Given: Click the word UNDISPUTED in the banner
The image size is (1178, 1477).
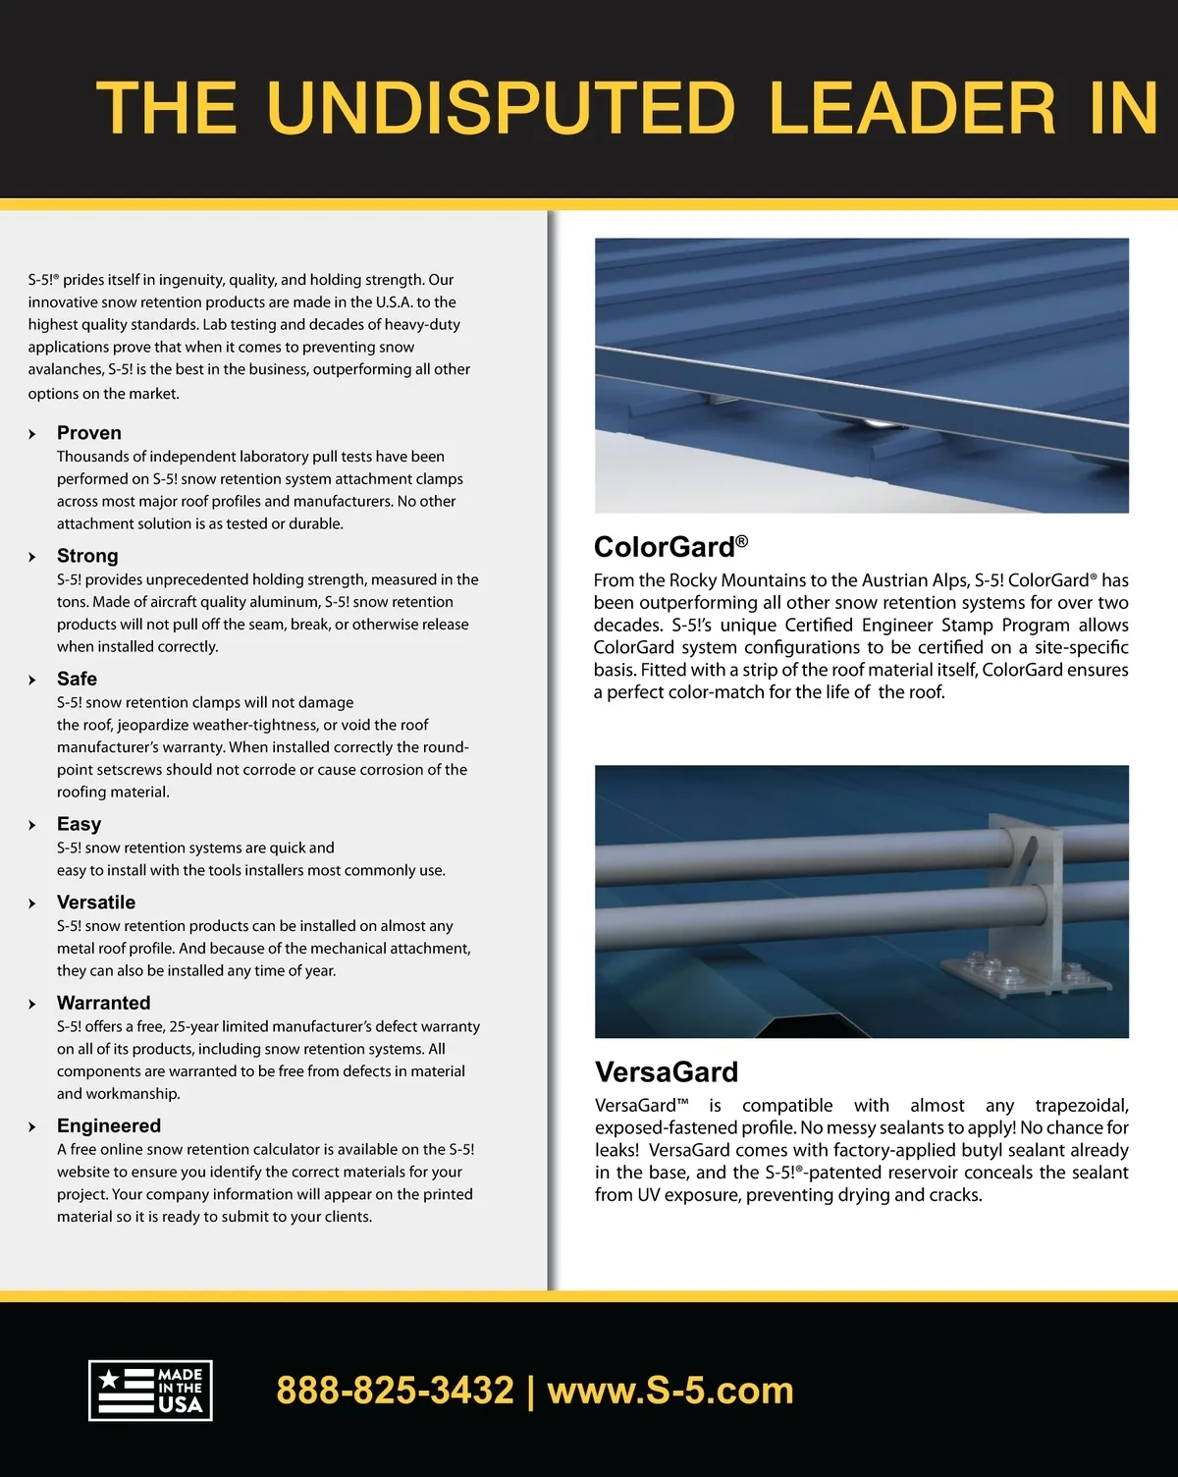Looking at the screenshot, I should click(x=501, y=108).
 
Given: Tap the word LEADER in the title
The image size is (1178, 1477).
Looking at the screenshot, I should click(x=912, y=108).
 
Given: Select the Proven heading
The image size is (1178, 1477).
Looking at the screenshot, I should click(x=89, y=433).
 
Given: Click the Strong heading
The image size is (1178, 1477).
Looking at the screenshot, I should click(x=87, y=556).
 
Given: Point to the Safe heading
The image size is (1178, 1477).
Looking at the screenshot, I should click(x=77, y=679).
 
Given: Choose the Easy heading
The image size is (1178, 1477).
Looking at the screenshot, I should click(x=79, y=824).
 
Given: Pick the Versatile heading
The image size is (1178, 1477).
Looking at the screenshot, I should click(x=96, y=903).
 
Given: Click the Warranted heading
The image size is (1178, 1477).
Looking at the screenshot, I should click(x=103, y=1003).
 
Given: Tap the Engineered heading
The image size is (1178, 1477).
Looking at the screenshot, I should click(x=109, y=1125).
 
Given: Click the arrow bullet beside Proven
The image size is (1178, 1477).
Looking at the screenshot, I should click(x=32, y=434).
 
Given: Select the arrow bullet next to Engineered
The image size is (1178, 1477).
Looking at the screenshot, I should click(x=32, y=1126).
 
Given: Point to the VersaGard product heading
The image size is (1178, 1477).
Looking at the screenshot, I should click(x=667, y=1071).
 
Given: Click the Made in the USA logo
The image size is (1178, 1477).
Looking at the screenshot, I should click(x=150, y=1390).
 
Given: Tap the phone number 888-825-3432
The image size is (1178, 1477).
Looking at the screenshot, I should click(x=395, y=1391).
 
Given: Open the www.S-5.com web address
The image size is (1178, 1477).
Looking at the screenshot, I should click(x=670, y=1391).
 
